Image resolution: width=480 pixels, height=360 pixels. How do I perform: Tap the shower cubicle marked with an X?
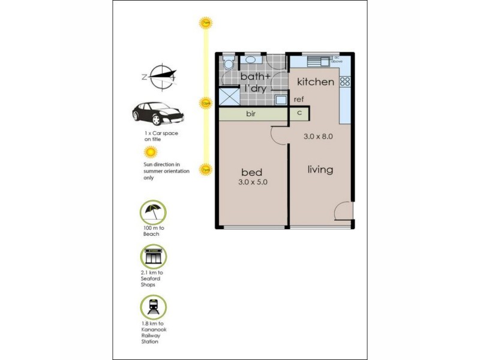pos(229,96)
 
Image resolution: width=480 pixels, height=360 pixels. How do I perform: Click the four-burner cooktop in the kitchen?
pos(345,81)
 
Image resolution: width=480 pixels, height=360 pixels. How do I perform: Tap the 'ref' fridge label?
pos(299,100)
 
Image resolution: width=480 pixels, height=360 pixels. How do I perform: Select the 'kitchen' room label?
pos(316,82)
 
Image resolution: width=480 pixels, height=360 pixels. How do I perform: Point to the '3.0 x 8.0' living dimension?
pos(318,136)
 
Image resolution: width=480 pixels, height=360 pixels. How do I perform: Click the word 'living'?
pos(320,170)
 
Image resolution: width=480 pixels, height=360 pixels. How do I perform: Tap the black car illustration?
pos(155,112)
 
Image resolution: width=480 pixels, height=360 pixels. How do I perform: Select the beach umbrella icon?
pos(152,212)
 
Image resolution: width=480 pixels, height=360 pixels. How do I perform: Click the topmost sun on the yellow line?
pos(206,23)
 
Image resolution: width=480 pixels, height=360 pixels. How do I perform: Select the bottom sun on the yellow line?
pos(206,170)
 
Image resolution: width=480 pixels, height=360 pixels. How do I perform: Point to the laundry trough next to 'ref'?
pos(281,100)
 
